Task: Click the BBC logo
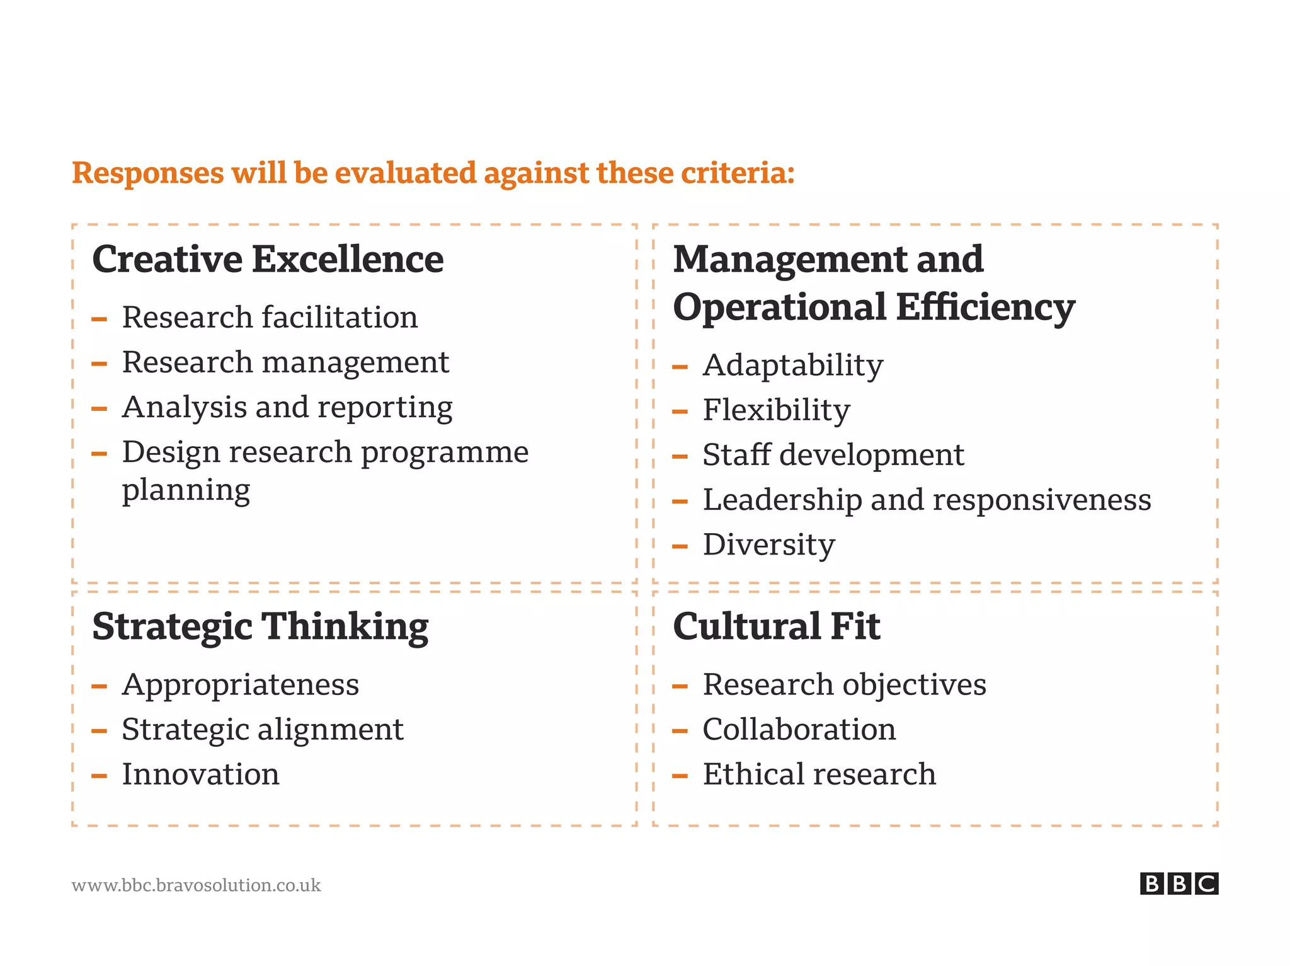pyautogui.click(x=1179, y=883)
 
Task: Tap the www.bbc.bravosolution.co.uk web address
pyautogui.click(x=196, y=885)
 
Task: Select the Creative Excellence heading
pyautogui.click(x=268, y=259)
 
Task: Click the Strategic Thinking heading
pyautogui.click(x=260, y=626)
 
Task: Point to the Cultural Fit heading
pyautogui.click(x=776, y=626)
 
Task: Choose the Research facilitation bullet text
pyautogui.click(x=270, y=317)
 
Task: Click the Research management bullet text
pyautogui.click(x=285, y=362)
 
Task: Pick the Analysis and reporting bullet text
pyautogui.click(x=287, y=408)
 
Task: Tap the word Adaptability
pyautogui.click(x=793, y=365)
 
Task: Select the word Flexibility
pyautogui.click(x=776, y=410)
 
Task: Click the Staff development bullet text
pyautogui.click(x=833, y=455)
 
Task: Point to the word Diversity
pyautogui.click(x=768, y=544)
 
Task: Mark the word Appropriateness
pyautogui.click(x=241, y=685)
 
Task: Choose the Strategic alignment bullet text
pyautogui.click(x=262, y=730)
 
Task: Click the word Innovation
pyautogui.click(x=200, y=774)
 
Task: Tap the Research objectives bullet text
pyautogui.click(x=844, y=685)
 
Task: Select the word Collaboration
pyautogui.click(x=799, y=730)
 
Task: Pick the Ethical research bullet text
pyautogui.click(x=819, y=774)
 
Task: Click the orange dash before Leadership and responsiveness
pyautogui.click(x=680, y=502)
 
